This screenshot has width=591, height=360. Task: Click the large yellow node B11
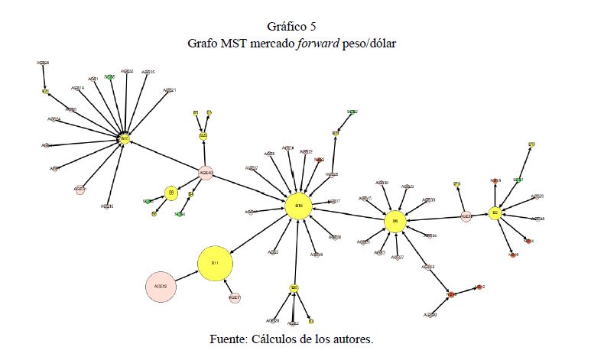(x=216, y=264)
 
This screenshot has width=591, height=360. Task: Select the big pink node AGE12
(x=161, y=287)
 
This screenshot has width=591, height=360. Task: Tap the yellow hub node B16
(x=299, y=206)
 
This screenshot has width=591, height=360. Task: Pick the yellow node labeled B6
(x=395, y=221)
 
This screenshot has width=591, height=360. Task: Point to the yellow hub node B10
(x=124, y=139)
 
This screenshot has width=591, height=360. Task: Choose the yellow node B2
(x=495, y=212)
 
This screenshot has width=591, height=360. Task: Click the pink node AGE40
(x=205, y=173)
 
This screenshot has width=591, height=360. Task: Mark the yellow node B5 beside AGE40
(x=171, y=193)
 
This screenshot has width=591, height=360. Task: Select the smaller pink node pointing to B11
(x=235, y=297)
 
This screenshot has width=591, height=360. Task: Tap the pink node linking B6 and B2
(x=466, y=217)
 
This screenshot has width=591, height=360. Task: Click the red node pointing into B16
(x=320, y=161)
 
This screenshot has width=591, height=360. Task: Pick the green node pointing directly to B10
(x=110, y=77)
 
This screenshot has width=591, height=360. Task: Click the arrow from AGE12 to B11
(x=187, y=276)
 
